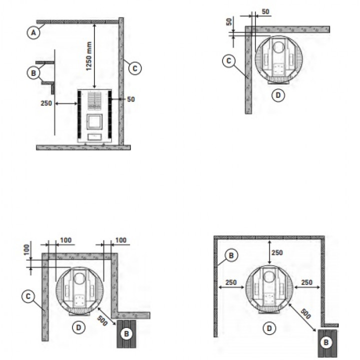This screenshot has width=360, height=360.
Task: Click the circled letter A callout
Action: pyautogui.click(x=33, y=32)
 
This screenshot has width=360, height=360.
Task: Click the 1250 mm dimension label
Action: pyautogui.click(x=88, y=56)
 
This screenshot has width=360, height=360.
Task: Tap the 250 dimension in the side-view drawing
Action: pyautogui.click(x=46, y=103)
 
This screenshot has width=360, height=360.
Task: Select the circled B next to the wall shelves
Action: pyautogui.click(x=33, y=73)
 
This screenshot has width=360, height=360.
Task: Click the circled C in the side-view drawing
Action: pyautogui.click(x=135, y=68)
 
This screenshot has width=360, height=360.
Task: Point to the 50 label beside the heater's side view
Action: pyautogui.click(x=131, y=99)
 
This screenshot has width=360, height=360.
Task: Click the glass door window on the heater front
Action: pyautogui.click(x=94, y=121)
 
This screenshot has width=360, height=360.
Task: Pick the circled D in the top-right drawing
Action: pyautogui.click(x=278, y=95)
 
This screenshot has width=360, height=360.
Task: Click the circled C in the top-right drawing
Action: pyautogui.click(x=229, y=61)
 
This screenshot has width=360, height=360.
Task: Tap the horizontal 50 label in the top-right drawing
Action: pyautogui.click(x=265, y=11)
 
